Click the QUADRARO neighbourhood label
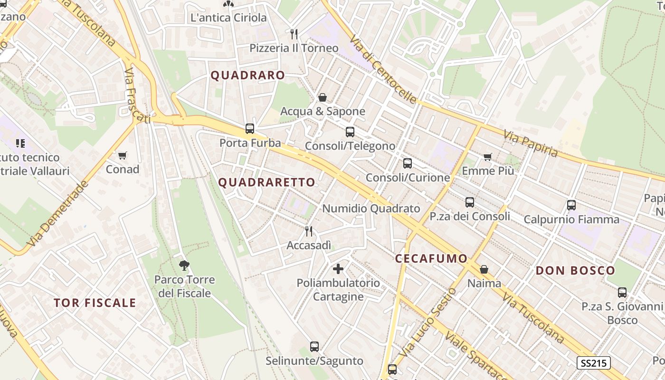pos(247,76)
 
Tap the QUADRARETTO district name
pos(266,182)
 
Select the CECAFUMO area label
pos(431,258)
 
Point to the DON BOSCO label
pos(575,271)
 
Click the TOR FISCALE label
pos(95,303)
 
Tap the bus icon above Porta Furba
pos(249,129)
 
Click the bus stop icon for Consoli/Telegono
pos(350,132)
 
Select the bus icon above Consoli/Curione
pos(407,163)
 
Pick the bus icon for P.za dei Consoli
pos(470,202)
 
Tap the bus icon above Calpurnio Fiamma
pos(571,205)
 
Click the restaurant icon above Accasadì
pos(309,231)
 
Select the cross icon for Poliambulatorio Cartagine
pos(338,269)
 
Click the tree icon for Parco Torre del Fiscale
pos(184,266)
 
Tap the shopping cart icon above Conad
pos(123,155)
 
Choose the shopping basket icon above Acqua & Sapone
pos(323,98)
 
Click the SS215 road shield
pos(593,363)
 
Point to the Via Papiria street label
pos(531,143)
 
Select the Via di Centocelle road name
pos(383,69)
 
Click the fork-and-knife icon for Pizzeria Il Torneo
pos(294,34)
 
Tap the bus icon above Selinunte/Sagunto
pos(314,347)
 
